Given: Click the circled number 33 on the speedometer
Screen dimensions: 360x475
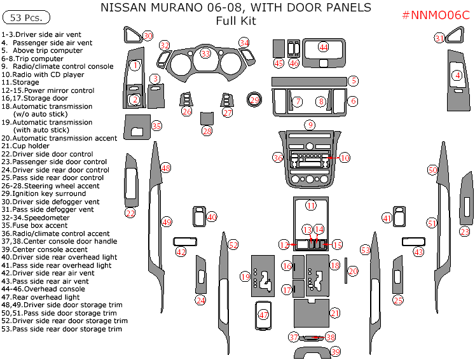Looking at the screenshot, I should click(205, 53).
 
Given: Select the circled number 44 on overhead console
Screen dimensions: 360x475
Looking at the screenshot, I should click(324, 47).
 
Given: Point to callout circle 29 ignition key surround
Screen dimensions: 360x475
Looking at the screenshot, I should click(254, 100).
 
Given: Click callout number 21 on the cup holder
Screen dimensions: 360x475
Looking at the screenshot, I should click(334, 312).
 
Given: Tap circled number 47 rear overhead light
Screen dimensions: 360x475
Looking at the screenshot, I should click(264, 314).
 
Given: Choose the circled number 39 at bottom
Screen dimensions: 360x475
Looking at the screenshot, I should click(336, 352).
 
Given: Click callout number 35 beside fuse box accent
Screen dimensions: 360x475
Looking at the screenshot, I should click(156, 126).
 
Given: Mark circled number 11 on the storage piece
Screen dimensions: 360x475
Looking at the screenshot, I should click(310, 205).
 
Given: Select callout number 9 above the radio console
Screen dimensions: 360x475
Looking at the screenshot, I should click(309, 125).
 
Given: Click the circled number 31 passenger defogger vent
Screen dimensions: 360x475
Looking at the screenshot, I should click(439, 38).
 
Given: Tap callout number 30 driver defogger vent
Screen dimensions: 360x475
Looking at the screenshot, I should click(148, 36).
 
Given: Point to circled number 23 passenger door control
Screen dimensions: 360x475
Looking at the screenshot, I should click(465, 232).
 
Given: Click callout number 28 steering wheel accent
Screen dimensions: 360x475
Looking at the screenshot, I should click(207, 131).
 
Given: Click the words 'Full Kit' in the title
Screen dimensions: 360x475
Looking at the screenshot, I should click(235, 21).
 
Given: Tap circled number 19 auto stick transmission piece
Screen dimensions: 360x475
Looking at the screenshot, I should click(245, 276).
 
